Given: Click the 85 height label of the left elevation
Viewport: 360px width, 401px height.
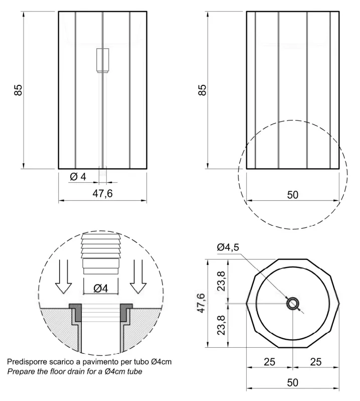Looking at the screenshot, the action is [x=18, y=90].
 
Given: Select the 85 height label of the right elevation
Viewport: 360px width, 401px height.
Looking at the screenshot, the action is [x=202, y=90].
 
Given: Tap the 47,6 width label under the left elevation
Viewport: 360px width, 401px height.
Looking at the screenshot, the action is [x=102, y=194].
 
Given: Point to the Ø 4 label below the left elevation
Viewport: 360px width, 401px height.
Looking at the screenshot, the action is [x=78, y=177].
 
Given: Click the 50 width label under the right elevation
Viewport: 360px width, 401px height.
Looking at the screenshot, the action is [x=292, y=195].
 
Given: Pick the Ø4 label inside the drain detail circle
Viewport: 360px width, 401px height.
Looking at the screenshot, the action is [x=101, y=288].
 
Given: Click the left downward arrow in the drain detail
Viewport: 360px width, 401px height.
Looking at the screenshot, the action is [x=64, y=277].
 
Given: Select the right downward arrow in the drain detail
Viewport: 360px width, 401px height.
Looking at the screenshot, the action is [x=138, y=277].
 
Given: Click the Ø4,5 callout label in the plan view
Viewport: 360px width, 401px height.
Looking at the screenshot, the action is [x=228, y=247].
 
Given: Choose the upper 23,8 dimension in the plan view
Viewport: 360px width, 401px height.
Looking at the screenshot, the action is [x=221, y=281].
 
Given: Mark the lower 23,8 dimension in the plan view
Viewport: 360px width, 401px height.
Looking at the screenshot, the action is [x=221, y=325].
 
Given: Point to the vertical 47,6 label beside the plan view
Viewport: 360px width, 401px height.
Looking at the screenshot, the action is [x=201, y=303].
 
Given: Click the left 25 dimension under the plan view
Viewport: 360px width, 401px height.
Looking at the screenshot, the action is [x=269, y=362].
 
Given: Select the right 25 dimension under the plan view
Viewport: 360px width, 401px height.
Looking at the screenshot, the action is [x=316, y=362].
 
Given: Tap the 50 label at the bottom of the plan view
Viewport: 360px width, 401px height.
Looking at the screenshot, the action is [x=292, y=382].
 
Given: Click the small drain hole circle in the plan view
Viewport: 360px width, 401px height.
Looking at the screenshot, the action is [x=293, y=299].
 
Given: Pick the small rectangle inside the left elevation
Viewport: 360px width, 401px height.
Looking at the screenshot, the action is [x=102, y=60].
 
